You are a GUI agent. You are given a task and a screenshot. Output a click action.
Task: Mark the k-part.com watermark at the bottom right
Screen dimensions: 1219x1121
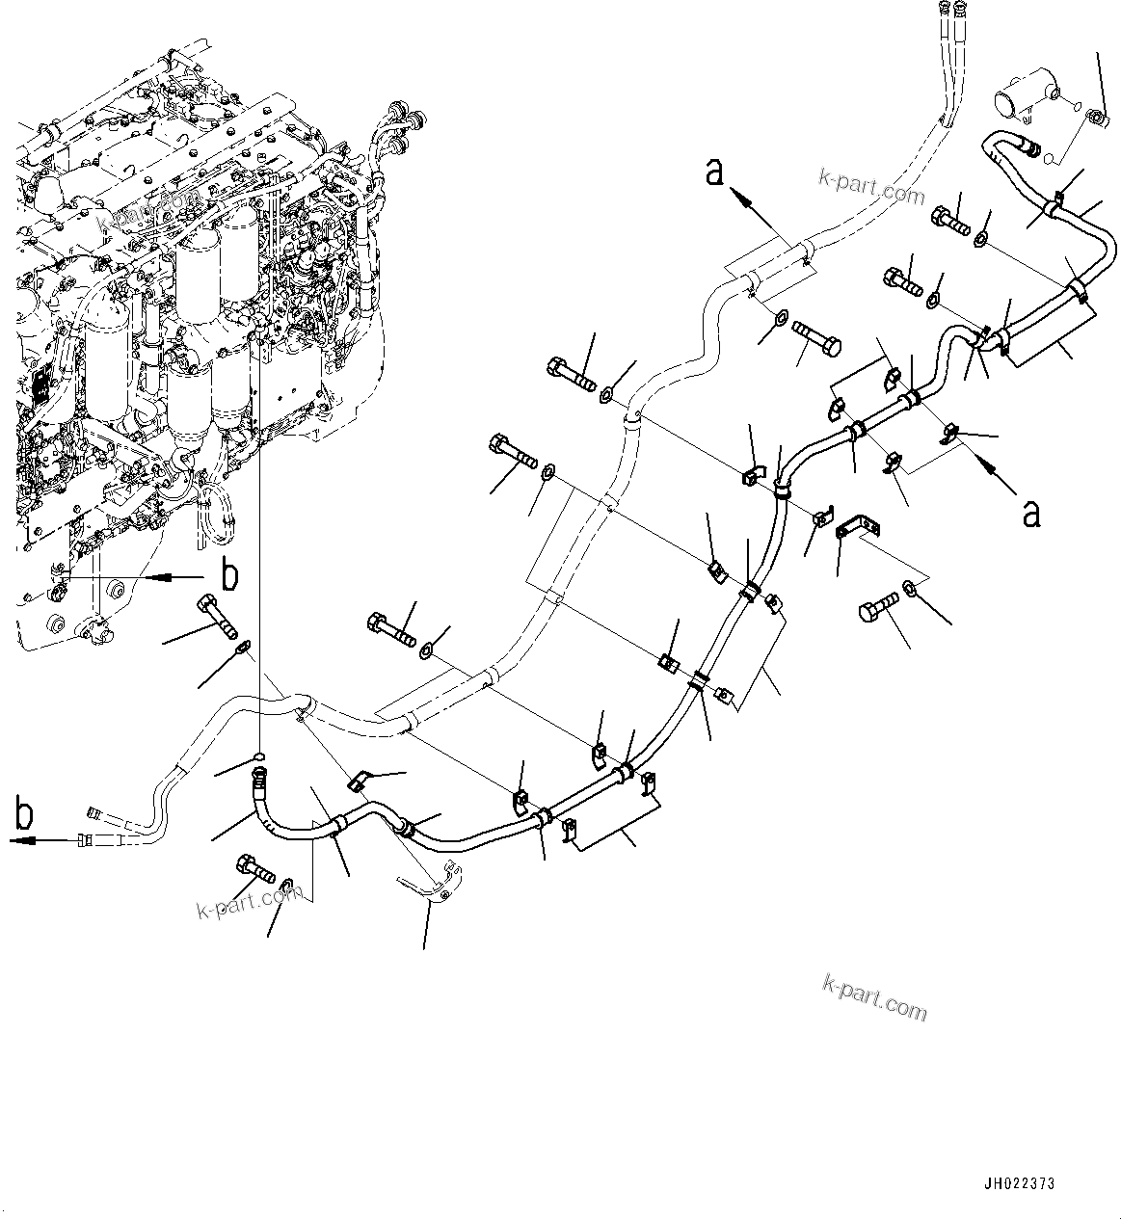[x=874, y=996]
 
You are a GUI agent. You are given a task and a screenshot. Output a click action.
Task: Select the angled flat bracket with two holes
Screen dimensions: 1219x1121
[x=859, y=528]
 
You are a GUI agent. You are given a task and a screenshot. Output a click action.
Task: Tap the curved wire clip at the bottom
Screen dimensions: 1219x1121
[x=430, y=888]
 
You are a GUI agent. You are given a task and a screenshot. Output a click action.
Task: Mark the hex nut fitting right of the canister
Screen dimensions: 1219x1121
[x=1097, y=118]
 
